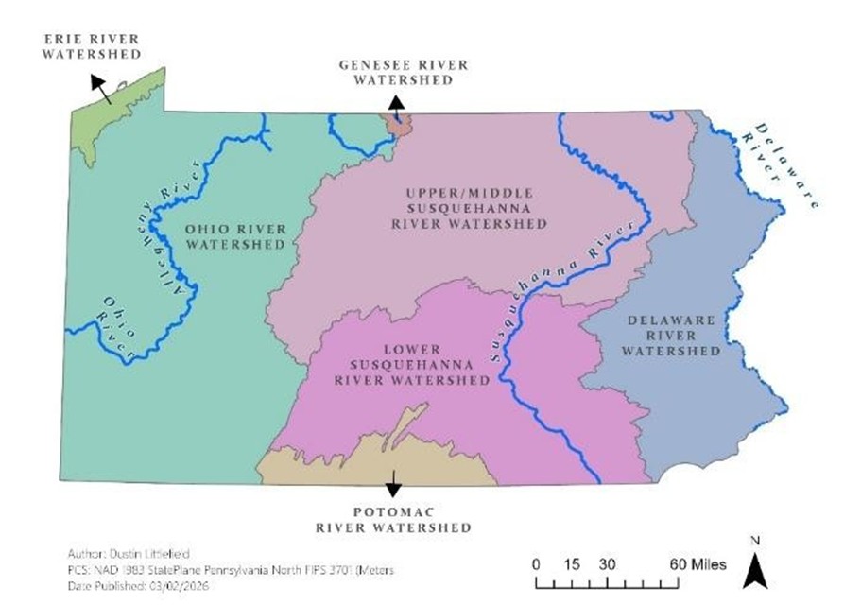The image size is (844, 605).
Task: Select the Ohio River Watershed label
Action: (x=235, y=236)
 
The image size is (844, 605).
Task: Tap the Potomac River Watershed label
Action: (x=393, y=518)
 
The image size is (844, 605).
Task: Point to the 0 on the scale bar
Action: (x=536, y=564)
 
